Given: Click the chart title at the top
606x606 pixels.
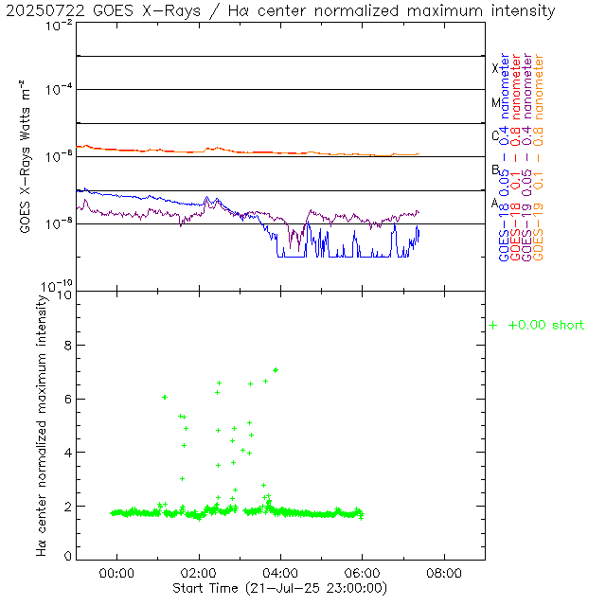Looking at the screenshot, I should point(280,11).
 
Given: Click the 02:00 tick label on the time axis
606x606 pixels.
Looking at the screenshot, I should point(199,573).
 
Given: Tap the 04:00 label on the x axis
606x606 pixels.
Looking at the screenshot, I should point(281,573).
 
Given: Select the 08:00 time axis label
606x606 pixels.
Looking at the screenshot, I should point(444,573).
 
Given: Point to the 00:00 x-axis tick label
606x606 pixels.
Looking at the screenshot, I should point(117,573).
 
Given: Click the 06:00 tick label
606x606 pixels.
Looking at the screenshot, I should point(363,573).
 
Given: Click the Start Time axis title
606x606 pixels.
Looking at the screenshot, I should point(273,588).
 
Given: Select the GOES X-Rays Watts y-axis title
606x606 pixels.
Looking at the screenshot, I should point(27,158).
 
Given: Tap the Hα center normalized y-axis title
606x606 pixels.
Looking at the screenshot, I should point(42,424).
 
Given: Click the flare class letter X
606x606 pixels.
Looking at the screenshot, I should point(495,68).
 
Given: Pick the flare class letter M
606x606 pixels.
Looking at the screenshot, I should point(495,102).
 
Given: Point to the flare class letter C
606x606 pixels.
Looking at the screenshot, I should point(495,135).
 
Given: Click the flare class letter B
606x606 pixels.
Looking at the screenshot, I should point(495,169).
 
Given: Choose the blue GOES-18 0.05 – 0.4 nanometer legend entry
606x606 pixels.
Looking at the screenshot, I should point(504,157).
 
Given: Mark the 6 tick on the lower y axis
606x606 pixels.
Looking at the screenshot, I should point(67,400).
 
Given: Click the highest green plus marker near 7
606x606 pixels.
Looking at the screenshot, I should point(276,370).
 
